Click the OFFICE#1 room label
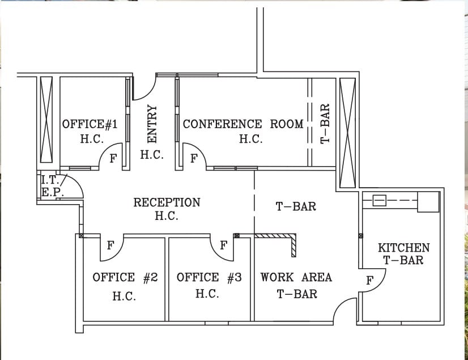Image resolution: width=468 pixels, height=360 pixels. click(90, 124)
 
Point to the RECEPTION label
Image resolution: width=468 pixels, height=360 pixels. click(167, 202)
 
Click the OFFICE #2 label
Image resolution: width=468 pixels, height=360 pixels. click(125, 277)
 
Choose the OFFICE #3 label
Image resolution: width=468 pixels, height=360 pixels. click(209, 277)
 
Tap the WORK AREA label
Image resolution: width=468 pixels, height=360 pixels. click(296, 277)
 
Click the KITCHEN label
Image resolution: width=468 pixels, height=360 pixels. click(403, 248)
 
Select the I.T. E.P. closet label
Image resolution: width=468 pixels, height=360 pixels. click(52, 186)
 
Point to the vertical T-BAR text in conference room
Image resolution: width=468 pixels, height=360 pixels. click(325, 123)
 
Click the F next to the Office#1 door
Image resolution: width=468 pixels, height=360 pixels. click(113, 158)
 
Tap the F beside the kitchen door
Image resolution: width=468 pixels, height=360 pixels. click(369, 280)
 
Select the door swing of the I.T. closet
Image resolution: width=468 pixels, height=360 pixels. click(74, 187)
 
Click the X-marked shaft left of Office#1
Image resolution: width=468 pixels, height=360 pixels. click(47, 118)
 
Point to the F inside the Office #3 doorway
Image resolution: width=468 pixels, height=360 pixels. click(223, 245)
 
